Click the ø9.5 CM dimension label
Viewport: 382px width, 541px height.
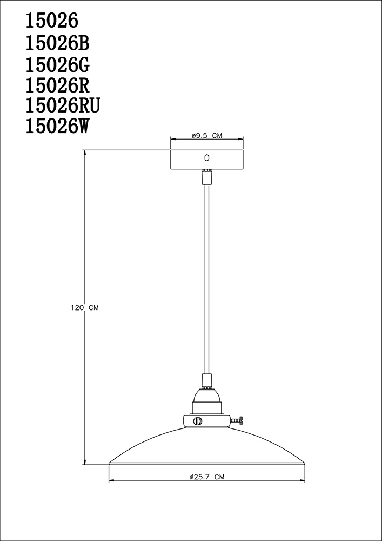click(207, 136)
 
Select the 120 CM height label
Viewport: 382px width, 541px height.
click(85, 307)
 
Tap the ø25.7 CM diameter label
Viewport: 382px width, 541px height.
click(207, 477)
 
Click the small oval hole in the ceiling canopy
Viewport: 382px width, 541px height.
click(206, 158)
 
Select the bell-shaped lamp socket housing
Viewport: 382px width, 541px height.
click(206, 403)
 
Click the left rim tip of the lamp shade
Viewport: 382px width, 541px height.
click(110, 463)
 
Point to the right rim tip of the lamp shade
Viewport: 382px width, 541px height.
click(303, 463)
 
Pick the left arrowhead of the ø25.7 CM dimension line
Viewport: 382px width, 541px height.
click(111, 481)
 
